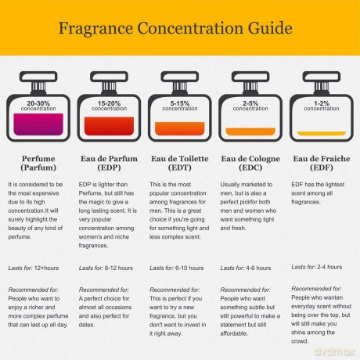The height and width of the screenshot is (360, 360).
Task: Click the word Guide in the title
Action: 270,28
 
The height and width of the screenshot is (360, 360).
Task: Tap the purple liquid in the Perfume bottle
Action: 38,124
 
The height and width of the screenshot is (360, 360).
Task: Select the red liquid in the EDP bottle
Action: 109,126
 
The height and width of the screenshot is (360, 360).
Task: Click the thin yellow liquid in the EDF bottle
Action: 322,134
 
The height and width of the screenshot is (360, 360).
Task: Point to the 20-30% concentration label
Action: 38,106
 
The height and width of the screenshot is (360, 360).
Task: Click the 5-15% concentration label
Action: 180,106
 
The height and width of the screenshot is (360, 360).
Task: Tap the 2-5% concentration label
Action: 250,106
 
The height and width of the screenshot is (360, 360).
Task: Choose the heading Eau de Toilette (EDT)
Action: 180,163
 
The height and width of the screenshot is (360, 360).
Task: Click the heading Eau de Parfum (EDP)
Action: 109,163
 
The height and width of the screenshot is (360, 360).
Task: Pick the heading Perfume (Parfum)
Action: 38,163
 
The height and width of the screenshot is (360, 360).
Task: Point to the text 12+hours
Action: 46,268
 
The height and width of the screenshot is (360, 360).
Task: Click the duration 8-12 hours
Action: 119,268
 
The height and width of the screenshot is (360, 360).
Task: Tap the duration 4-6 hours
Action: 258,268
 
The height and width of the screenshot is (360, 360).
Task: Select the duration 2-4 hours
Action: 329,267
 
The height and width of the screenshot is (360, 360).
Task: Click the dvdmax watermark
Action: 335,351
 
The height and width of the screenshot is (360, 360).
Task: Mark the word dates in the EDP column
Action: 87,325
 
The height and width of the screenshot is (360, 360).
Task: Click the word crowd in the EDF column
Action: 300,341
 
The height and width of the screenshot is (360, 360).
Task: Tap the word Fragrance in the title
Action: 95,28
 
